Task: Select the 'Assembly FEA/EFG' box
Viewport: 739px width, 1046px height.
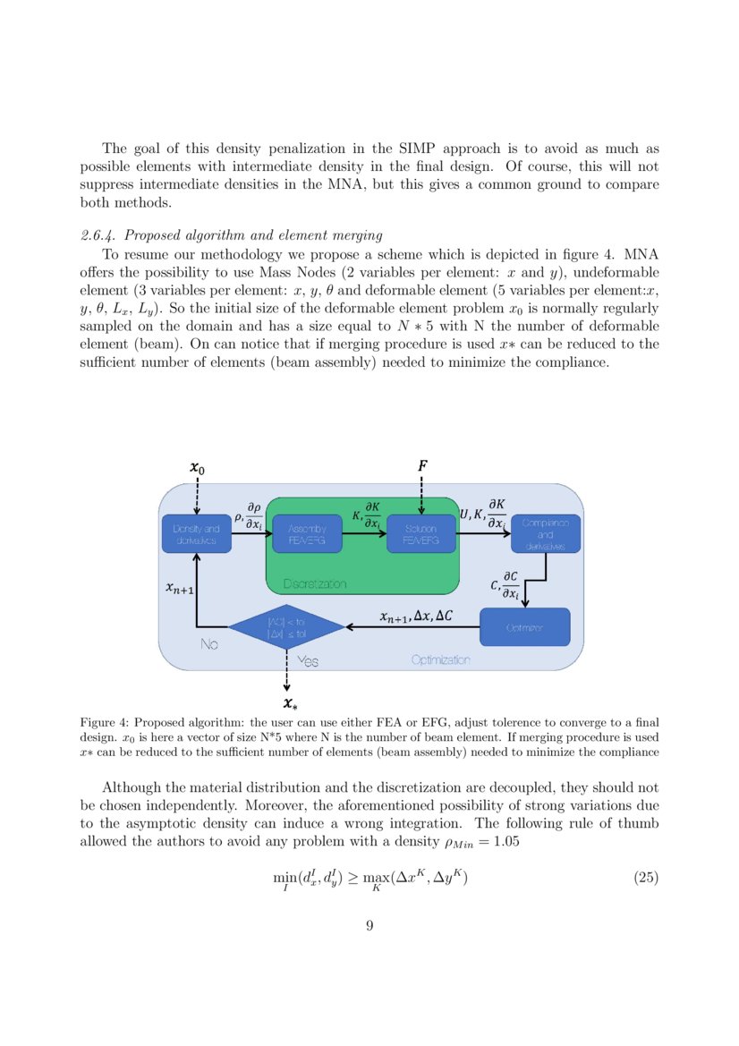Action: pyautogui.click(x=307, y=534)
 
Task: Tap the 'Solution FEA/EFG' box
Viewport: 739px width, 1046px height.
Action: pyautogui.click(x=420, y=534)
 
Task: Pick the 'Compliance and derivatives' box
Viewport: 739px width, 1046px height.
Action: pyautogui.click(x=545, y=534)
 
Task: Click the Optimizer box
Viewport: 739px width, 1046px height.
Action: pyautogui.click(x=524, y=627)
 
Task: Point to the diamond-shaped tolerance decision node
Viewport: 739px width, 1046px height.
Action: pyautogui.click(x=286, y=626)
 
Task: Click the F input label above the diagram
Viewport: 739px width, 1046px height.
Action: pyautogui.click(x=422, y=465)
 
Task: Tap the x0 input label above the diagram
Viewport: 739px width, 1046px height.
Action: pyautogui.click(x=197, y=467)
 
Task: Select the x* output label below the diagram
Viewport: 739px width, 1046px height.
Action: pyautogui.click(x=287, y=704)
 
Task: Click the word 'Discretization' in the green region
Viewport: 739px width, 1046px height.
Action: pyautogui.click(x=314, y=584)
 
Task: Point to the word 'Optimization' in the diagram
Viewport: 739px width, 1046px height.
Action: pyautogui.click(x=440, y=660)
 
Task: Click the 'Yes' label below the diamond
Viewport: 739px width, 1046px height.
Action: pyautogui.click(x=308, y=661)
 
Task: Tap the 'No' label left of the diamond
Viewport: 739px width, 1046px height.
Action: pyautogui.click(x=209, y=644)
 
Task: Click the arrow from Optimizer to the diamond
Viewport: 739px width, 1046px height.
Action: pyautogui.click(x=412, y=627)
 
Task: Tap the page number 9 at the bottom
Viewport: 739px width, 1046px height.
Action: pyautogui.click(x=369, y=925)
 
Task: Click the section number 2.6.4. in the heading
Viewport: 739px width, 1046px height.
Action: pyautogui.click(x=98, y=235)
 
